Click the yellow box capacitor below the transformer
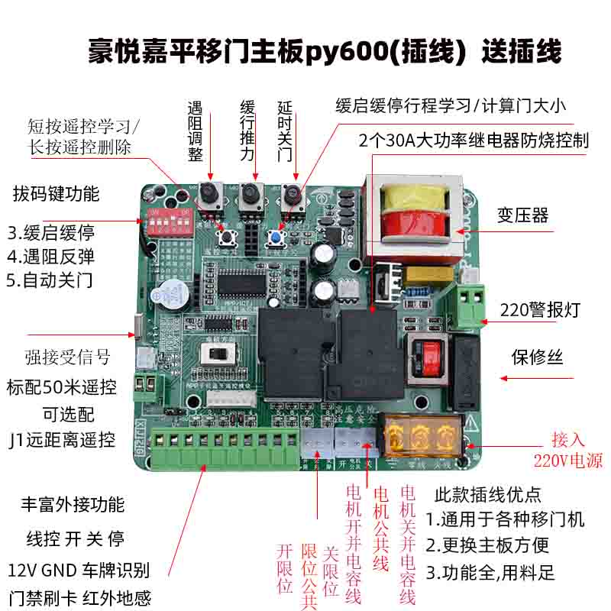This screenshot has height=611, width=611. [x=425, y=274]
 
